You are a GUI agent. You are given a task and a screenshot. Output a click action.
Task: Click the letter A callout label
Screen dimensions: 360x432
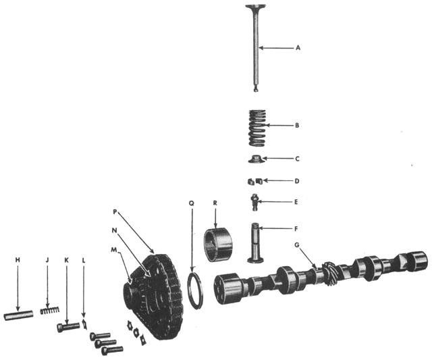(x=298, y=48)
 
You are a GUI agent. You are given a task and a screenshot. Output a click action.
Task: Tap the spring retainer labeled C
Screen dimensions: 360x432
(x=254, y=159)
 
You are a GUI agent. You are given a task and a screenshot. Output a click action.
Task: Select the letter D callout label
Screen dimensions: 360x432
(x=298, y=181)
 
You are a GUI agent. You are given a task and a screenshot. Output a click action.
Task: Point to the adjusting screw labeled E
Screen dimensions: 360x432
(x=255, y=201)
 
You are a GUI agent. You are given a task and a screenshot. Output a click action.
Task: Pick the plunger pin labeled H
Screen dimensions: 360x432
(x=18, y=315)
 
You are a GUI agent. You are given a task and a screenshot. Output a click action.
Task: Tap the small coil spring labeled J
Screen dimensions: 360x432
(x=49, y=311)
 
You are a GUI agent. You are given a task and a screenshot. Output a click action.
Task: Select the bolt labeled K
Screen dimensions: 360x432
(x=68, y=327)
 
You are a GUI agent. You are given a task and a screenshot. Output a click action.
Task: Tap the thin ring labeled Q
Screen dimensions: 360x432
(x=193, y=290)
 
